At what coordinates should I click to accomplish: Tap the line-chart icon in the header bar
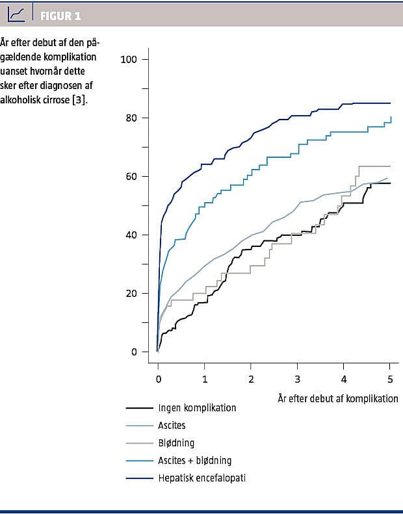click(x=16, y=14)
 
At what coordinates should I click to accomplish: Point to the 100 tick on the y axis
click(x=129, y=60)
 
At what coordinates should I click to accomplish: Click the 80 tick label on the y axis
click(x=131, y=118)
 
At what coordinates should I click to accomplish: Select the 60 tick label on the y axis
click(x=131, y=177)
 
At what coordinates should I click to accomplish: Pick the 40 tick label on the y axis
click(x=131, y=235)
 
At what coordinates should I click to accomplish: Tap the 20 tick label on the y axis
click(x=131, y=294)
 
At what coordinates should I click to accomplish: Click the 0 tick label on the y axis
click(x=134, y=352)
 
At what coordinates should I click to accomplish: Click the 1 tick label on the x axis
click(x=205, y=378)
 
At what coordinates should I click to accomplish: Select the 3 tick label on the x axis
click(x=298, y=378)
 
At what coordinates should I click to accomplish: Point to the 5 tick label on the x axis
click(x=390, y=378)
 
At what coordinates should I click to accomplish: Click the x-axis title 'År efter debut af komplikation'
click(x=337, y=398)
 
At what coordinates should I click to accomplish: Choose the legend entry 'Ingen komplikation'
click(x=197, y=408)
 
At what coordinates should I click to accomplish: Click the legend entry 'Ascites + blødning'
click(x=194, y=461)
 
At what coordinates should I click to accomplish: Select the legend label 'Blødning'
click(x=177, y=443)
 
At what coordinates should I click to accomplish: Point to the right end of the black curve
click(x=390, y=183)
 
